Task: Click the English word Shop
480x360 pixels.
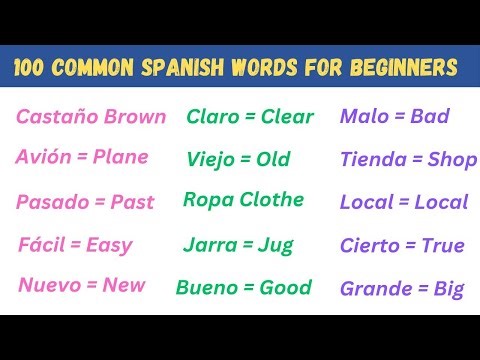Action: pos(452,159)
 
